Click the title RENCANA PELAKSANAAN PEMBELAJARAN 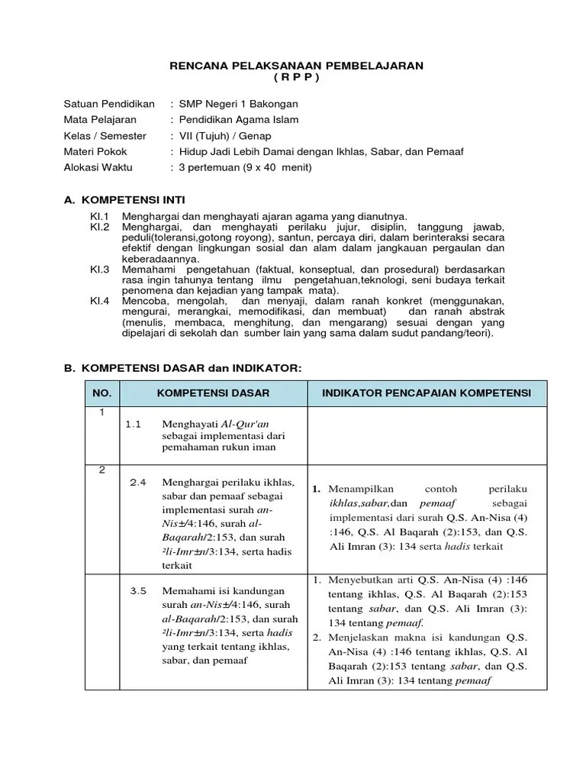click(x=296, y=66)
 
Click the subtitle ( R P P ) click(x=296, y=78)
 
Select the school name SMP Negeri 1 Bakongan click(x=238, y=104)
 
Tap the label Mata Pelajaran click(x=100, y=119)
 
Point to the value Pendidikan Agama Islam click(x=239, y=119)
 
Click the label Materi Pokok click(x=95, y=151)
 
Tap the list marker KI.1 click(x=100, y=216)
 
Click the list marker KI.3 click(x=100, y=270)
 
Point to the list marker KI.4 click(x=100, y=301)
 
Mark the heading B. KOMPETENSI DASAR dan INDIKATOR click(x=182, y=368)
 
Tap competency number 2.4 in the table click(x=138, y=482)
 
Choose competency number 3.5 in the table click(x=138, y=590)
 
